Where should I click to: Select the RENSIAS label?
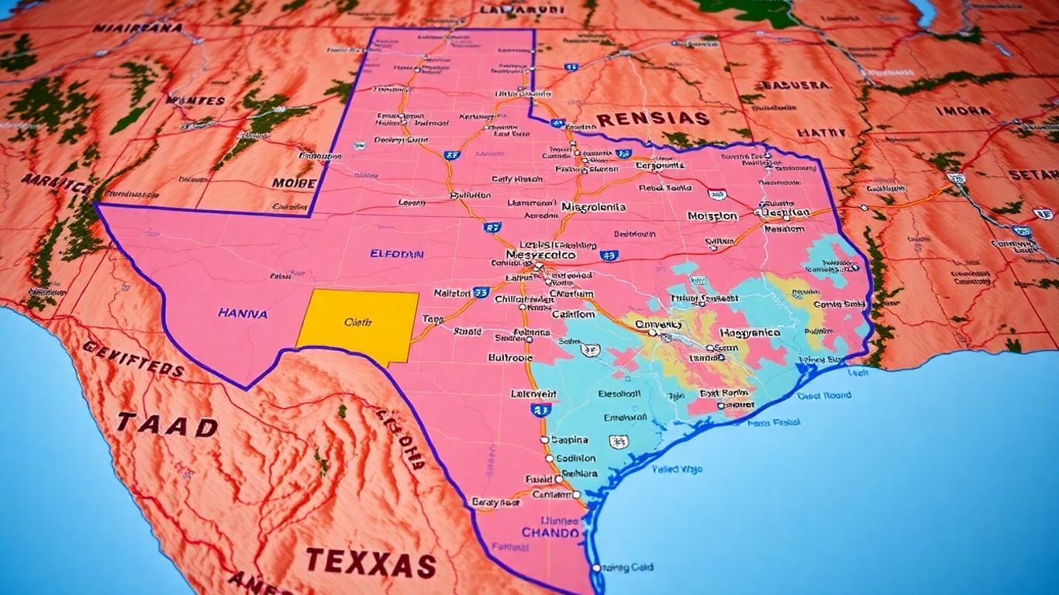click(x=653, y=119)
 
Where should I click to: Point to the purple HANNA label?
click(x=243, y=314)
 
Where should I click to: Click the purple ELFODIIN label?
click(x=397, y=253)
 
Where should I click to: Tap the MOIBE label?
click(x=294, y=184)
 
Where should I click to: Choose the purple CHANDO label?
click(x=550, y=533)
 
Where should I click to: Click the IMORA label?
click(x=964, y=111)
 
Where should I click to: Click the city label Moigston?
click(x=712, y=216)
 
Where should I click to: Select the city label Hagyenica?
click(x=750, y=332)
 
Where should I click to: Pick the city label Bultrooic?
click(x=510, y=358)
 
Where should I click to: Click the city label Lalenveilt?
click(x=533, y=394)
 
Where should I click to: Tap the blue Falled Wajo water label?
click(x=677, y=469)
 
